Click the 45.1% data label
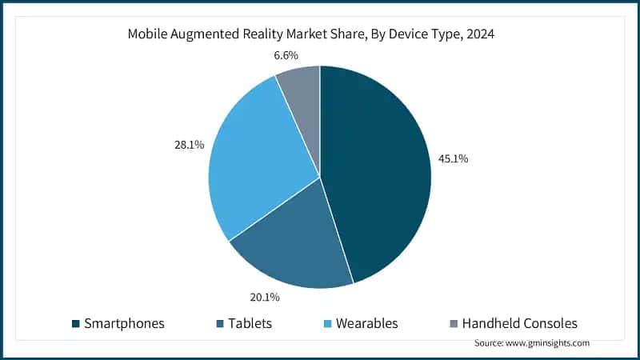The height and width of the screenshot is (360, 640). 453,158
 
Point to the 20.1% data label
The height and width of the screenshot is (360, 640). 265,298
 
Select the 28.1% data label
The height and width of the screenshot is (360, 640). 189,145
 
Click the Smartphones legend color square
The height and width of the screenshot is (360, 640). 75,324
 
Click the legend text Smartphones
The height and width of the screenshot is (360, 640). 124,324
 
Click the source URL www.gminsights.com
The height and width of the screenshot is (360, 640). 548,342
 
